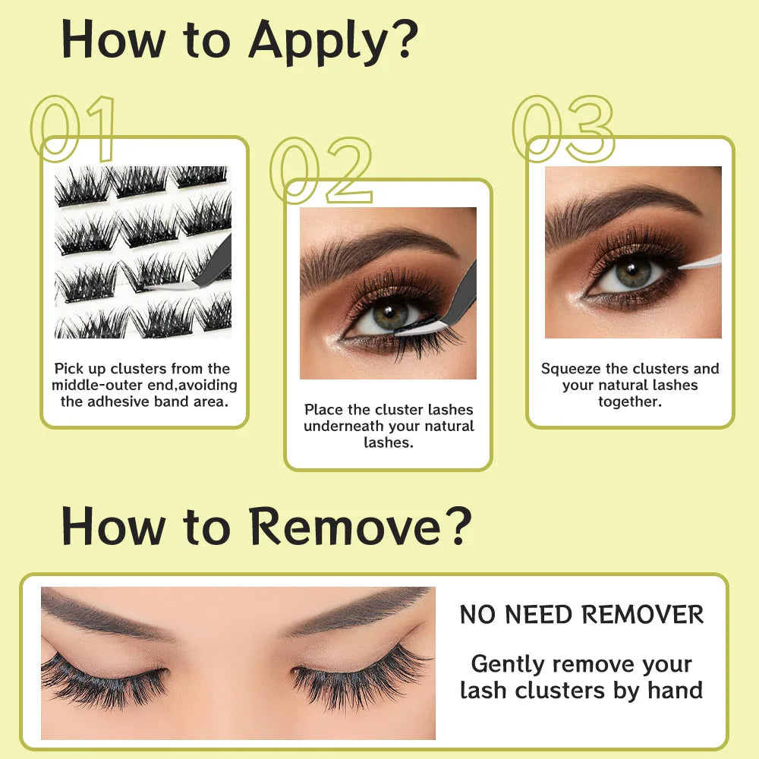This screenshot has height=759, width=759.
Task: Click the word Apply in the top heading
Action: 317,43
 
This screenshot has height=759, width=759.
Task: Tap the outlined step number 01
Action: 73,129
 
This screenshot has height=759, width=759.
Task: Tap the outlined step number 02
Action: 321,170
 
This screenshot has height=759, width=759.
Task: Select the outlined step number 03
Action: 563,129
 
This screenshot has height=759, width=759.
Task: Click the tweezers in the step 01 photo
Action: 203,269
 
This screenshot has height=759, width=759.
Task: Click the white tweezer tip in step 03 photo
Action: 700,263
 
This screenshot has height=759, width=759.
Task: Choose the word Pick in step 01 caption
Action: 69,370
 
